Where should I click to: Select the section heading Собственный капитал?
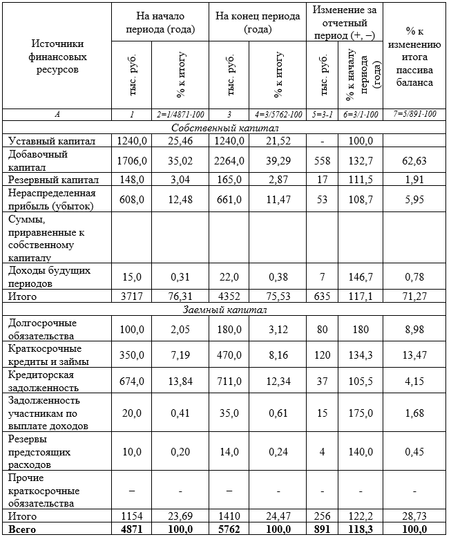click(225, 129)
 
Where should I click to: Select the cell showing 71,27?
click(416, 296)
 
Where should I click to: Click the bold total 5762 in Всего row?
click(230, 529)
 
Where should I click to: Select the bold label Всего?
click(21, 529)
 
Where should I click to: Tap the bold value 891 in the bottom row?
click(324, 529)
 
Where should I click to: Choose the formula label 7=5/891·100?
click(416, 114)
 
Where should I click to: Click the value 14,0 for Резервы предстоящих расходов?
click(230, 451)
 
